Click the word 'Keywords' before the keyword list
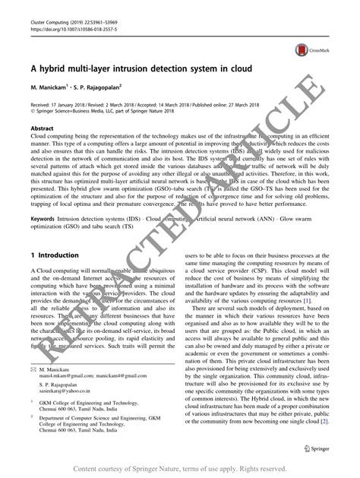click(45, 219)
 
